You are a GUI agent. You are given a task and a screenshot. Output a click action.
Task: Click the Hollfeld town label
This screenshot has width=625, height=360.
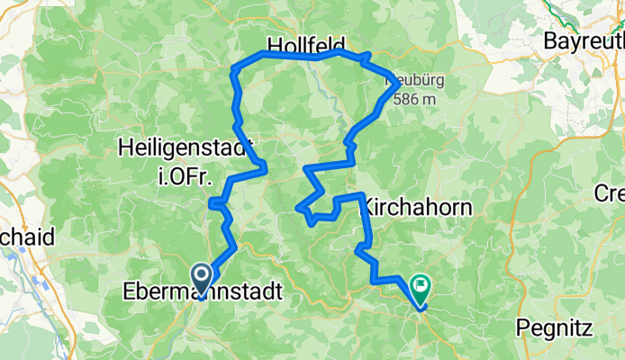coord(308,45)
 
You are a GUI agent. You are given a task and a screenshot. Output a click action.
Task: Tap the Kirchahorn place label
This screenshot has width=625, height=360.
coord(420,206)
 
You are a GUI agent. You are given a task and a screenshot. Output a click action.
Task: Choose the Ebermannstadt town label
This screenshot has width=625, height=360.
coord(202,292)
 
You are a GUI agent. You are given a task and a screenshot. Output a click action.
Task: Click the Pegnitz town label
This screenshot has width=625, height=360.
coord(555,328)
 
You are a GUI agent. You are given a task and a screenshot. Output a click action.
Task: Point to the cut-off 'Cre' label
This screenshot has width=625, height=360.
coord(610,193)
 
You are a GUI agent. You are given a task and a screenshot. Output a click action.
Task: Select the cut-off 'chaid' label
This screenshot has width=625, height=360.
coord(27,238)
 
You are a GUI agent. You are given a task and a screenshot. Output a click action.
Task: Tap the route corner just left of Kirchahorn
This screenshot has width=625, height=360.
coord(362,195)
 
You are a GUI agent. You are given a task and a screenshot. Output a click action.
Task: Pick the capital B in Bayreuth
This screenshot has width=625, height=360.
coord(549,40)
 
